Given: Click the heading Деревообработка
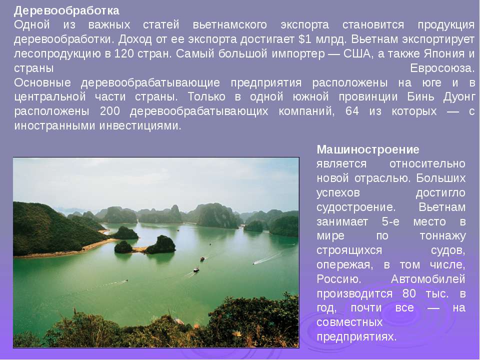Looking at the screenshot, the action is pos(66,11).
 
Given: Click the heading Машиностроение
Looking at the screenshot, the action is pos(368,149).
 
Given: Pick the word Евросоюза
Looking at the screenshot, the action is pos(442,68).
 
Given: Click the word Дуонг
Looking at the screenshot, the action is pos(459,97).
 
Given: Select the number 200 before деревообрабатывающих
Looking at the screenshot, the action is pos(110,111).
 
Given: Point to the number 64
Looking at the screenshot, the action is pos(352,111).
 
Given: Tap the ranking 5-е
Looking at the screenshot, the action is pos(390,221).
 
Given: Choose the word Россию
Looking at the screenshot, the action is pos(339,279).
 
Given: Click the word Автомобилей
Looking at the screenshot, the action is pos(428,279).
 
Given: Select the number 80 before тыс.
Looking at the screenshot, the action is pos(409,293).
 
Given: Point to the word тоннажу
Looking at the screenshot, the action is pos(442,236).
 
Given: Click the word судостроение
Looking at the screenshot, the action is pos(356,207).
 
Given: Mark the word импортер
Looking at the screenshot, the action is pos(298,54).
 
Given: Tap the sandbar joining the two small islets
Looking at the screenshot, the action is pos(139,249).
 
